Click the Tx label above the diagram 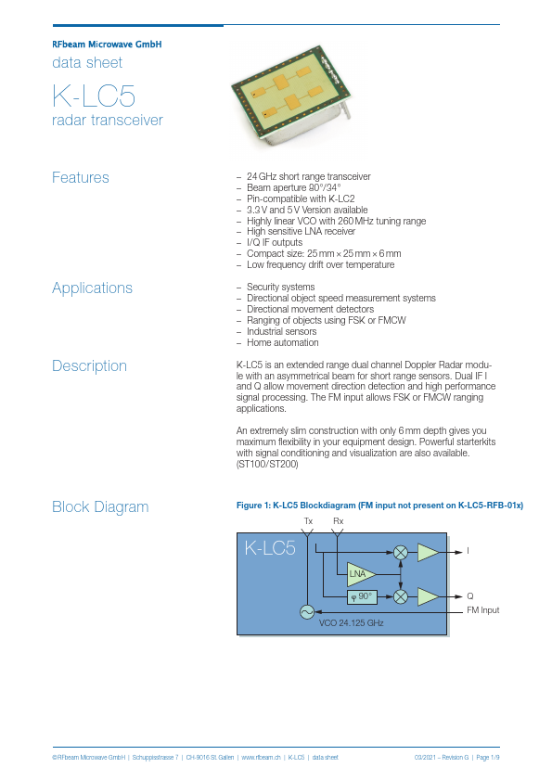308,521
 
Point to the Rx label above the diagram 338,521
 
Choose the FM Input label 482,609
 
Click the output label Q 469,595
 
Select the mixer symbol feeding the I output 401,552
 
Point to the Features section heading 81,177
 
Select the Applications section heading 92,288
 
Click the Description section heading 89,365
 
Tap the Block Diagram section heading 100,506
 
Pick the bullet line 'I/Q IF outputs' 276,243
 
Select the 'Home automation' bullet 282,342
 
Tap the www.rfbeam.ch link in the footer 261,758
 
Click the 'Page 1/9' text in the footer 487,758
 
